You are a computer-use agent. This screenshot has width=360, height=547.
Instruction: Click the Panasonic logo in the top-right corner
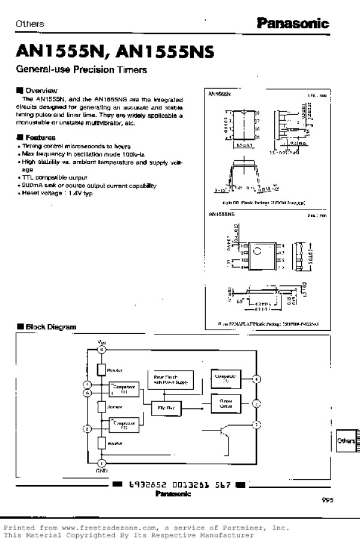pos(293,23)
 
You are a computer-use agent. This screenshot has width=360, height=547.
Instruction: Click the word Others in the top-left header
pos(30,24)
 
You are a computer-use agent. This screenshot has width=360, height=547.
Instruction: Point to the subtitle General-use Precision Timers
pos(82,70)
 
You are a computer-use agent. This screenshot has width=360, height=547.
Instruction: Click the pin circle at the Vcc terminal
pos(101,349)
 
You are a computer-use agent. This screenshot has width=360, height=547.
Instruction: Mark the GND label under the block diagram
pos(101,472)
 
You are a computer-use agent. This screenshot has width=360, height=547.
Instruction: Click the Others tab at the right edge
pos(347,441)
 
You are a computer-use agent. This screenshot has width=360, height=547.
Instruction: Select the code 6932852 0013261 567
pos(179,485)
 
